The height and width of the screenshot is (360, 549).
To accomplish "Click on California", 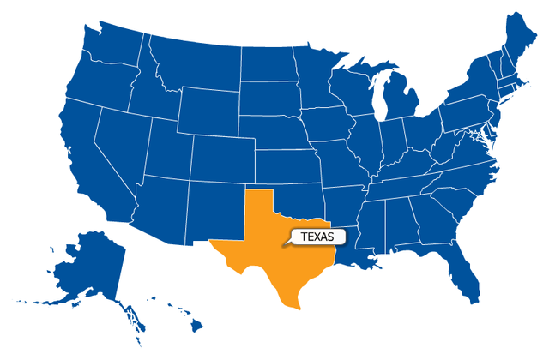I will [81, 154].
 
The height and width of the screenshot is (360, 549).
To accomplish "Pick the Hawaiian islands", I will [184, 317].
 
